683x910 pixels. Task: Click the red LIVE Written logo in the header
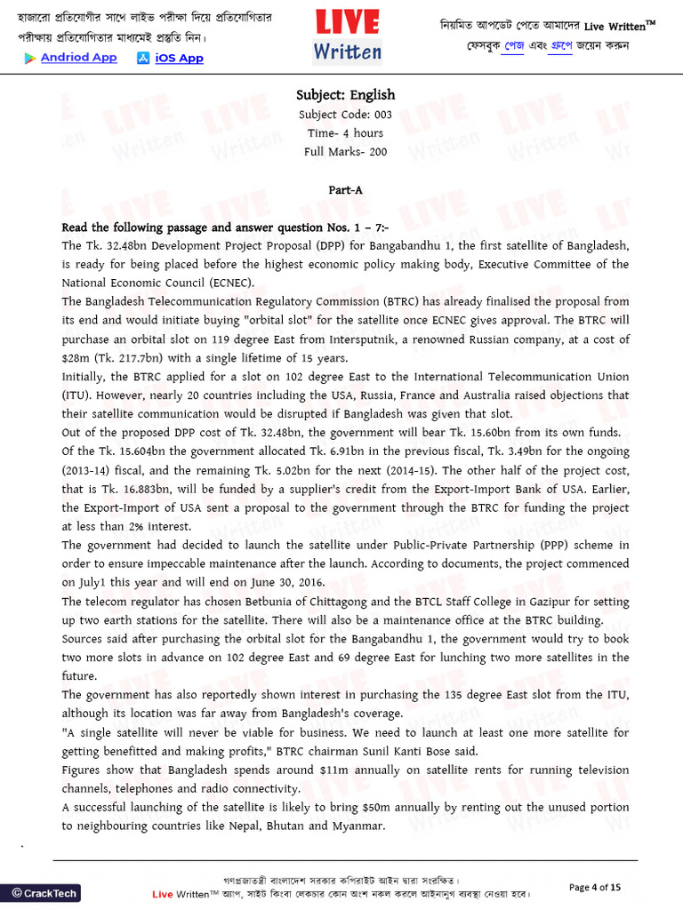(x=347, y=36)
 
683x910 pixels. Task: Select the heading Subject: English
(x=345, y=95)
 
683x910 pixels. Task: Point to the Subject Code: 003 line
(x=345, y=115)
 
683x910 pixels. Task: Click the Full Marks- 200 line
(x=345, y=152)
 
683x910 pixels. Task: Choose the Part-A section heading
(x=345, y=189)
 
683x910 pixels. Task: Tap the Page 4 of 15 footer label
(x=594, y=887)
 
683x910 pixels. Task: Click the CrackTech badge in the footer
(x=44, y=892)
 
